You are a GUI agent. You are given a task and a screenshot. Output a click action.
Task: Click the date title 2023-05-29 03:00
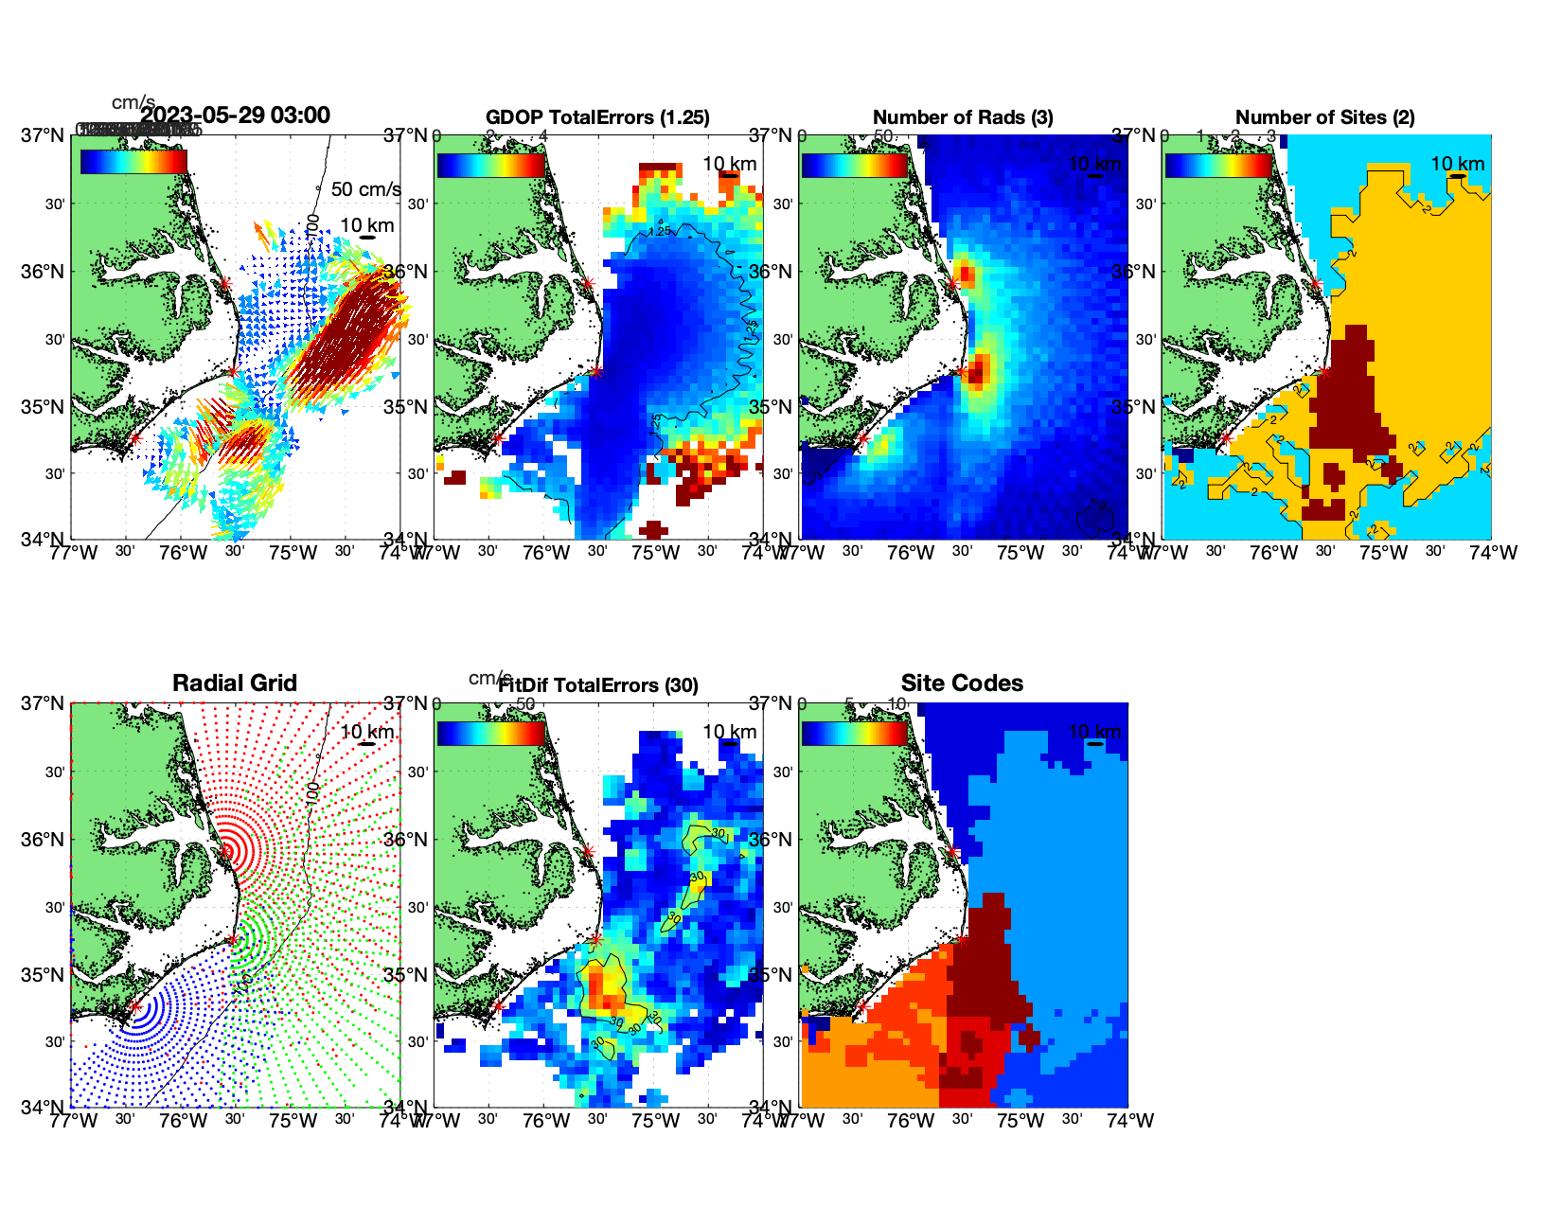235,115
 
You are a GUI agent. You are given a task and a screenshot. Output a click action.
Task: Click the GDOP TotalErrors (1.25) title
597,117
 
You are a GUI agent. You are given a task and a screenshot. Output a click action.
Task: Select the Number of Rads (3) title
963,117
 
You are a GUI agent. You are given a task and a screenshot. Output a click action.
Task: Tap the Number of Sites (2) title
1324,117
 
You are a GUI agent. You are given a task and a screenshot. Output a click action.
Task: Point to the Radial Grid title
235,683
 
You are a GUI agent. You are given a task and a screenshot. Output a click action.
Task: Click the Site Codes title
962,683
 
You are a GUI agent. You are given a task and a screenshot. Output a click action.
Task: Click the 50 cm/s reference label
365,189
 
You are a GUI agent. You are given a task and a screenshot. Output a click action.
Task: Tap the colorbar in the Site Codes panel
854,734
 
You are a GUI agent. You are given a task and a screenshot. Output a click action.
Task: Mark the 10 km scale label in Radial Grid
366,732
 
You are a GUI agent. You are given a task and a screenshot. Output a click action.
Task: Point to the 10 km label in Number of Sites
1457,164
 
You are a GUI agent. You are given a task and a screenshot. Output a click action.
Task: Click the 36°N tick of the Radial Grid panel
44,840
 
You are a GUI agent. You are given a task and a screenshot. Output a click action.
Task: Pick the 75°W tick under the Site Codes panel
1021,1121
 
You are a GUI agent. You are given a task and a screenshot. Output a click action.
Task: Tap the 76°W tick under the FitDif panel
546,1121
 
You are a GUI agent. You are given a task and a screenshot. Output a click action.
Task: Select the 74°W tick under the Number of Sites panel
1493,553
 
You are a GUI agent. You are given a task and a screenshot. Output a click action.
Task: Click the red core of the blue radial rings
134,1007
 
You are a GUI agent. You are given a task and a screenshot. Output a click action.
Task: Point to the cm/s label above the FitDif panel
489,678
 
